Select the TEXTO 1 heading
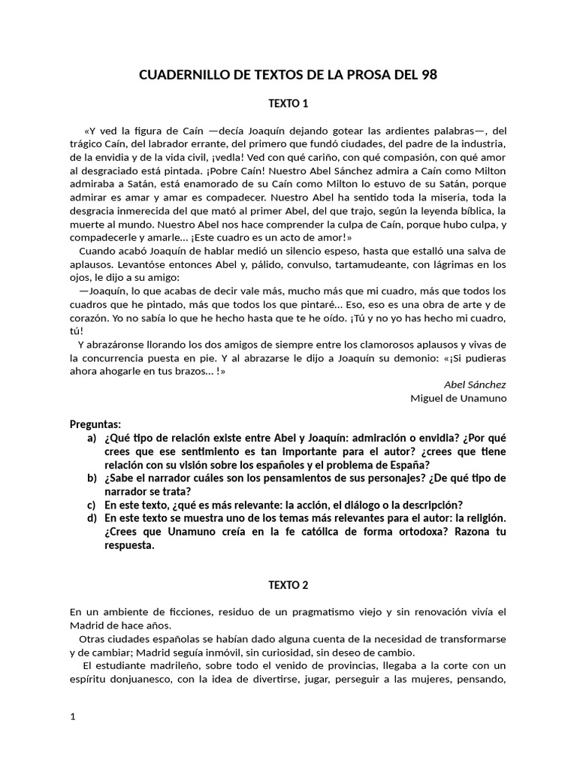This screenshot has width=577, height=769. click(288, 103)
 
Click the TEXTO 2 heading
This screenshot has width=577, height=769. click(288, 584)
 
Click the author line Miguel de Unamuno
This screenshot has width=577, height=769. click(458, 398)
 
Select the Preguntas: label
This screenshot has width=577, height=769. click(95, 424)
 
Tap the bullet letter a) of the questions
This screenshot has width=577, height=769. click(92, 438)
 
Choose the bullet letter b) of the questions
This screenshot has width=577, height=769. click(92, 478)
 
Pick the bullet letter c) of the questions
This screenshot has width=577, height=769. click(92, 505)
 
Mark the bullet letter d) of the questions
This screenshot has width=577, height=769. click(92, 518)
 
